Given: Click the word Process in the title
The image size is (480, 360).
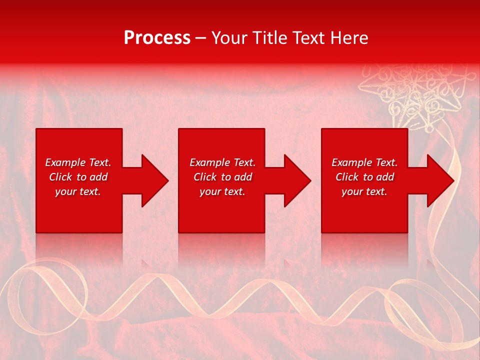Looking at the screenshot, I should coord(157,38).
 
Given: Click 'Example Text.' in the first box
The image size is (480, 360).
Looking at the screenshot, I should coord(78,162).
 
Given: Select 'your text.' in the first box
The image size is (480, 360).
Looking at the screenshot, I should coord(78,191).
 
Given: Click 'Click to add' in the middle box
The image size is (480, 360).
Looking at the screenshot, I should coord(222,177).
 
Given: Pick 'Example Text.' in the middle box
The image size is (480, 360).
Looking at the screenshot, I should coord(222,162).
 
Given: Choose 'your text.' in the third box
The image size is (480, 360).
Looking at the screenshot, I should coord(364,191).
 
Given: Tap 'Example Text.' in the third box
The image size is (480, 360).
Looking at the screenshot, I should coord(364,162).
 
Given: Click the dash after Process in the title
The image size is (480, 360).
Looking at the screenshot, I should coord(201,38).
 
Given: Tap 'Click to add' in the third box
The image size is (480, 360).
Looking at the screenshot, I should coord(364,177).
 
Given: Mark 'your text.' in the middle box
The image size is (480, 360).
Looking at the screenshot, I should coord(222,191).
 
